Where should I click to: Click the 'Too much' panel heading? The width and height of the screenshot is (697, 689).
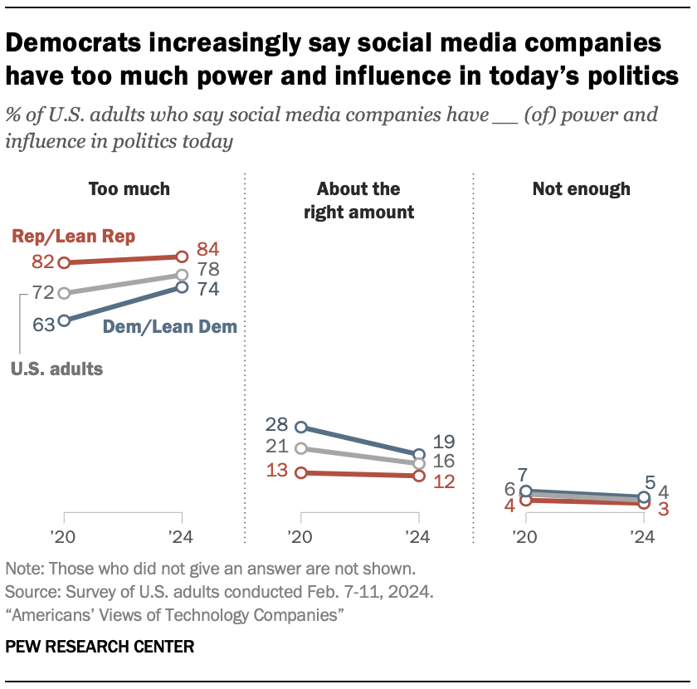coord(129,189)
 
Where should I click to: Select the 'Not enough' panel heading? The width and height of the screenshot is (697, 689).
coord(581,189)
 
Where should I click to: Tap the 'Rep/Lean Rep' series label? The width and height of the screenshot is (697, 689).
coord(74,236)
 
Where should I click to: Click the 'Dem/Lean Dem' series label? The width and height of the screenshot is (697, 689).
coord(169,327)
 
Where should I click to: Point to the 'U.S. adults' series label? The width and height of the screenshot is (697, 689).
coord(57,369)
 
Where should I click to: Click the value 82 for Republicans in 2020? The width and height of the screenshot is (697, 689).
coord(44,262)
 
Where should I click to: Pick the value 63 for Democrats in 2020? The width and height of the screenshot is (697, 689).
coord(44,323)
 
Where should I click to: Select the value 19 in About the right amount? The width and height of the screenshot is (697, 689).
coord(445,442)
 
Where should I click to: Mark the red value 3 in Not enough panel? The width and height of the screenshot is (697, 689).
coord(663,508)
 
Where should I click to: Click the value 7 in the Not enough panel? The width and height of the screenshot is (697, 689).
coord(524,476)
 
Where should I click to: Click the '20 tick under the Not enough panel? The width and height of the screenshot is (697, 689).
coord(524,536)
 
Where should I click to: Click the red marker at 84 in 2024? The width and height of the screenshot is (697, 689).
coord(182,257)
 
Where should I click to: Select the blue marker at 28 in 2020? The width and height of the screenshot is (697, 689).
coord(301,427)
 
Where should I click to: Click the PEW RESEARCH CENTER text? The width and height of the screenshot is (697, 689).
coord(100,646)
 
